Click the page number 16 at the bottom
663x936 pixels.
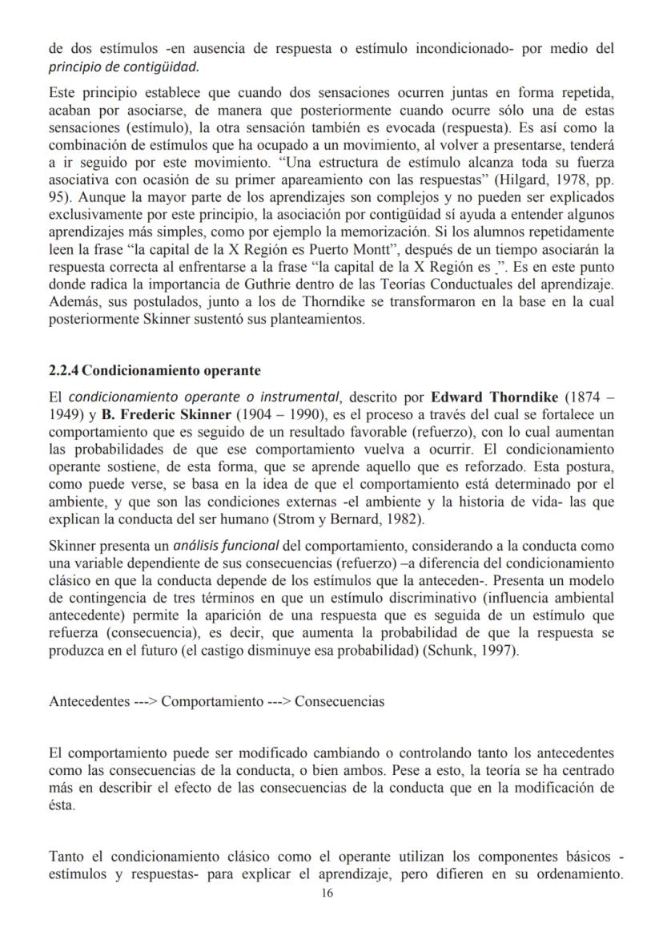(326, 894)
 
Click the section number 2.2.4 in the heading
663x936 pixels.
(64, 371)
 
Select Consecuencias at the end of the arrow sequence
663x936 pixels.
(340, 702)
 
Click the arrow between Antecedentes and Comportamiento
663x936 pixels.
(146, 702)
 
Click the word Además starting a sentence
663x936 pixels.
(72, 303)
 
